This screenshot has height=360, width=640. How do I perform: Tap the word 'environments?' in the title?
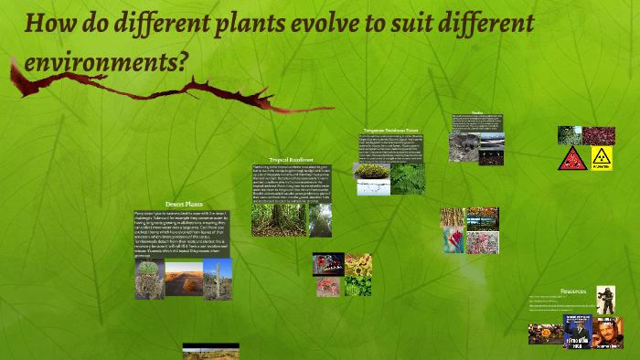(x=106, y=61)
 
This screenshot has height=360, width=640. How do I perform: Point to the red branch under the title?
(x=137, y=89)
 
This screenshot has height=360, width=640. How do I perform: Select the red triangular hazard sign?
(x=571, y=158)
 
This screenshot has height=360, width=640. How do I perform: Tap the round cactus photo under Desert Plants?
(x=149, y=279)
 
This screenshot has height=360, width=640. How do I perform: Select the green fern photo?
(x=408, y=178)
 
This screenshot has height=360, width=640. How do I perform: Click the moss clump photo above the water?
(x=371, y=171)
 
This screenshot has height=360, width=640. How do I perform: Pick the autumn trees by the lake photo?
(x=483, y=217)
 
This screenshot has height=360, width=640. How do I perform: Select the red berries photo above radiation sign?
(x=599, y=135)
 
